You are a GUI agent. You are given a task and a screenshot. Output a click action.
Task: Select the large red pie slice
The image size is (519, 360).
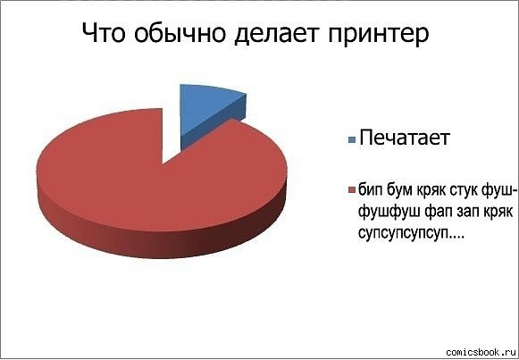(x=152, y=192)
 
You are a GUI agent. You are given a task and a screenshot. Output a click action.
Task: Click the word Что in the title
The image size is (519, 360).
(x=105, y=34)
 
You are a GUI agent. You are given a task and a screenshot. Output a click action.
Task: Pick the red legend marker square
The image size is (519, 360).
(x=351, y=190)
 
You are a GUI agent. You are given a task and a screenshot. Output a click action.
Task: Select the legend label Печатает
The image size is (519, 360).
(x=404, y=138)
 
